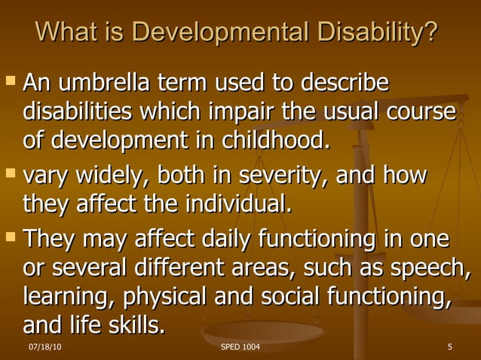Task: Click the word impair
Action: tap(240, 111)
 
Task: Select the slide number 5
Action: tap(449, 347)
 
